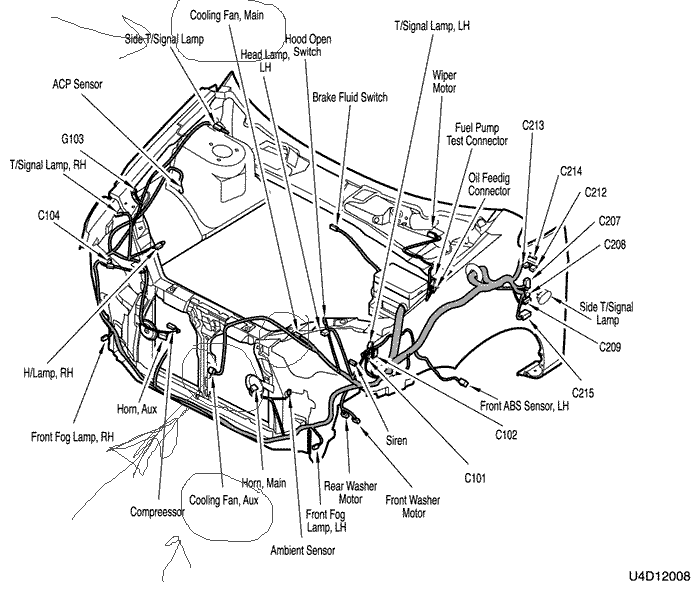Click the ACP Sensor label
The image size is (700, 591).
click(x=77, y=84)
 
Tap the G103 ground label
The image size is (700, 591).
click(x=72, y=139)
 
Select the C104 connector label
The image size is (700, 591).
click(x=49, y=216)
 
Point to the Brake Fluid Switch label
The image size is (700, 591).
click(x=350, y=97)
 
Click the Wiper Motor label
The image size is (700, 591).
click(x=444, y=82)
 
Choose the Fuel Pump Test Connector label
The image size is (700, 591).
click(x=477, y=134)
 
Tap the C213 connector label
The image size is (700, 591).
click(x=533, y=125)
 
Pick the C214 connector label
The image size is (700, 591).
click(x=571, y=171)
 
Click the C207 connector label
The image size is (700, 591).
click(x=609, y=221)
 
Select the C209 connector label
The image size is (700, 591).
click(x=610, y=347)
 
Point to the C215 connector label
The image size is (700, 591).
click(x=583, y=393)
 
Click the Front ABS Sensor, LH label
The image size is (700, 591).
click(x=524, y=406)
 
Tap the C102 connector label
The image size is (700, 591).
click(x=506, y=434)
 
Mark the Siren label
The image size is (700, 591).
click(x=396, y=441)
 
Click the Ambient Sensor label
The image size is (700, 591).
click(x=302, y=550)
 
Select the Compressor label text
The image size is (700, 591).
click(x=157, y=512)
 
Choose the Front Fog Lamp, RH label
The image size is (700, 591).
click(x=72, y=437)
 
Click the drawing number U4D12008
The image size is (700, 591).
click(x=659, y=576)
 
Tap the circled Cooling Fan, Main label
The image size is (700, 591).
click(x=227, y=15)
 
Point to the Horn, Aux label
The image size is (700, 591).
click(x=137, y=409)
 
